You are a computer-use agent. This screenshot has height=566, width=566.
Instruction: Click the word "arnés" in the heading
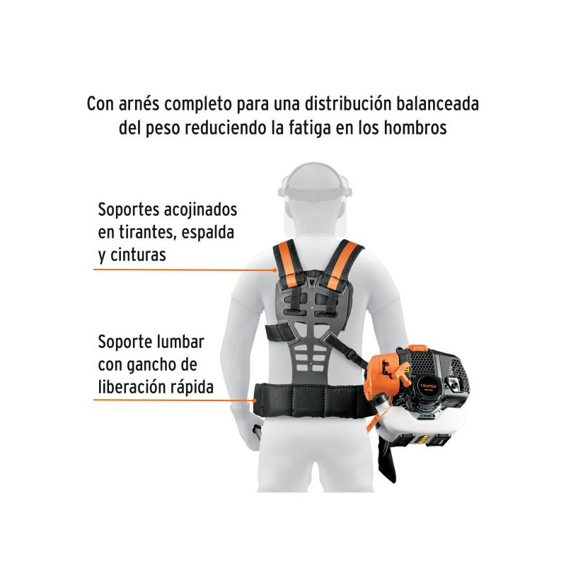click(139, 104)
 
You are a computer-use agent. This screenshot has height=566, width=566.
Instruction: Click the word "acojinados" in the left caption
click(201, 210)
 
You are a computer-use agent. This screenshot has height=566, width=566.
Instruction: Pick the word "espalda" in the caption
click(207, 233)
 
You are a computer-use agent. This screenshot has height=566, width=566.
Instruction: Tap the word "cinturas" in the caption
click(138, 255)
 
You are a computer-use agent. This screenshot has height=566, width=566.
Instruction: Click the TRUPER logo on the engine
click(428, 386)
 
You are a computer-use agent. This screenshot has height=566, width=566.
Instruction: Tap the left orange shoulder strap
click(288, 263)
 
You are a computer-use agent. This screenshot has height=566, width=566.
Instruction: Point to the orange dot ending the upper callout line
click(275, 270)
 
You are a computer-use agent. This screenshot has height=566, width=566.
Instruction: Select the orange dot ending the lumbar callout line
click(255, 400)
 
